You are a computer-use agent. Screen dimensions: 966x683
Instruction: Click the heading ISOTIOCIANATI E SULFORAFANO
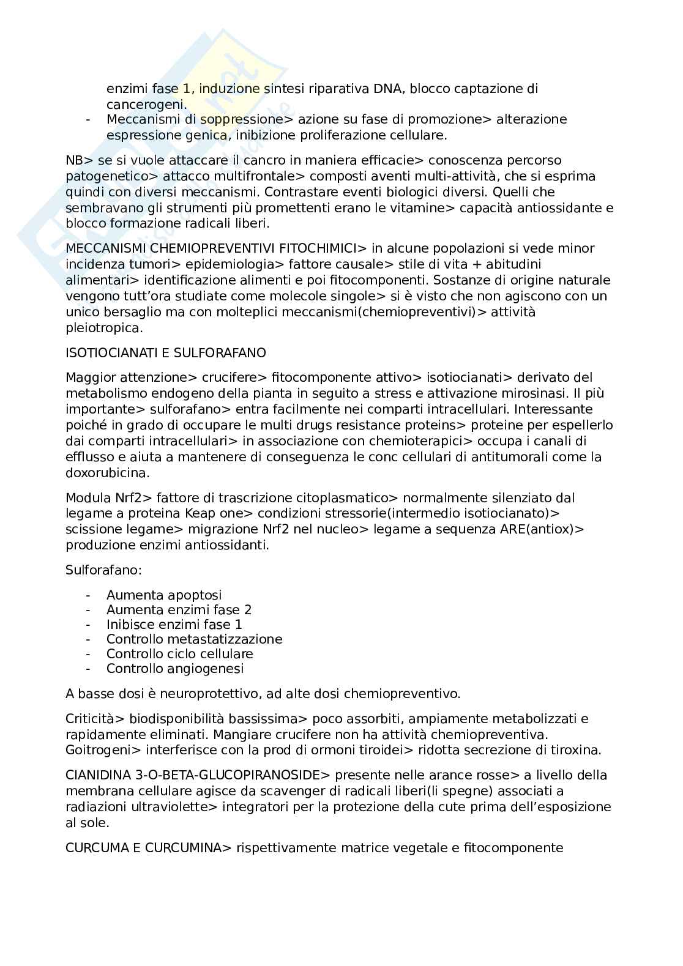click(165, 353)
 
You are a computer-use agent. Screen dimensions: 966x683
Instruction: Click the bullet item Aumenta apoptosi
click(164, 595)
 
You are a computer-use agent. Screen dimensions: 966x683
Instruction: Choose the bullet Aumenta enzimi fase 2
click(179, 610)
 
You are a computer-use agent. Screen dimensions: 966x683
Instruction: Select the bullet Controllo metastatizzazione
click(194, 639)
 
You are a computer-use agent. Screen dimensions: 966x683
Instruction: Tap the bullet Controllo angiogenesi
click(175, 669)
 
